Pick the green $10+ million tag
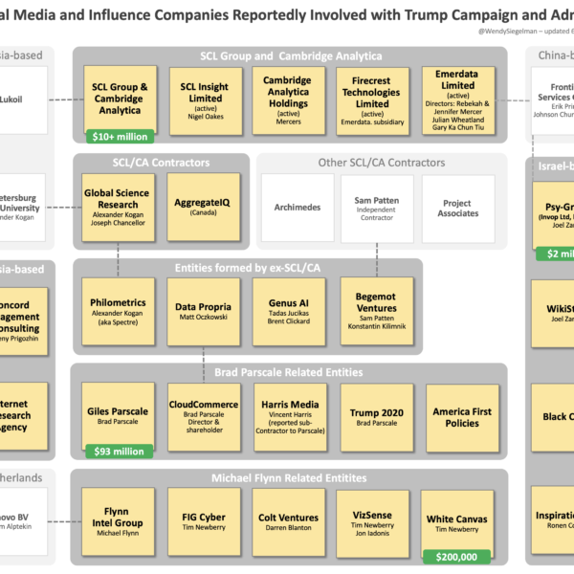[x=121, y=137]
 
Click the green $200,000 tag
[x=455, y=555]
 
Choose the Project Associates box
[x=458, y=208]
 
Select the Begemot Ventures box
[x=376, y=311]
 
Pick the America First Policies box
[x=462, y=416]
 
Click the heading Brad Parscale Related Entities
[x=288, y=372]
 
